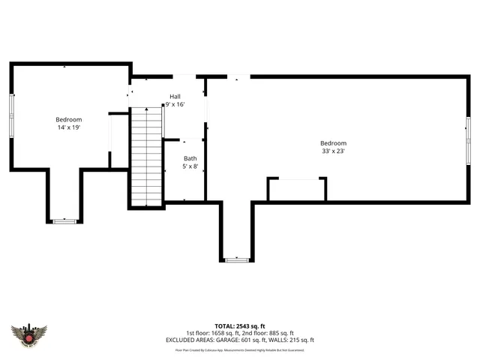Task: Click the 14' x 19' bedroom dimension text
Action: coord(68,128)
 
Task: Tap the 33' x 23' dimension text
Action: coord(333,151)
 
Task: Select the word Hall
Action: coord(175,96)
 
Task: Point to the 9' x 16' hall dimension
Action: coord(175,104)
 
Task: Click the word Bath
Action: coord(190,158)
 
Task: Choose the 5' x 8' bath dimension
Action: coord(190,166)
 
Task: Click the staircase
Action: coord(147,156)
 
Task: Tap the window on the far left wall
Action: coord(10,115)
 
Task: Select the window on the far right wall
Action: coord(467,136)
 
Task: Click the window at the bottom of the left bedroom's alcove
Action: coord(64,221)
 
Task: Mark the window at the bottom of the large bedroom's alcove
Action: coord(237,259)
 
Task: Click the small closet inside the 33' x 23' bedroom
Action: coord(297,190)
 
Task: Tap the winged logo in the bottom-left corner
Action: coord(29,334)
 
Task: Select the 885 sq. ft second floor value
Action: coord(281,332)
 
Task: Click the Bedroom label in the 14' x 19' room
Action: coord(68,120)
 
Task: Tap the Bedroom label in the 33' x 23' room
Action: coord(333,143)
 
